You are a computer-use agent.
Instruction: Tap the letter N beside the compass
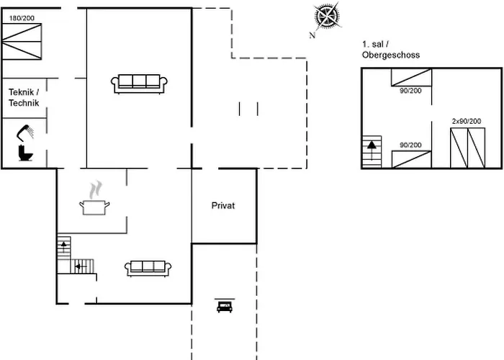coord(312,35)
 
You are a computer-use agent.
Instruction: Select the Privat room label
coord(223,206)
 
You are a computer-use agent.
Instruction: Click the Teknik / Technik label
coord(23,98)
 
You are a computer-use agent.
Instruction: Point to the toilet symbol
coord(25,153)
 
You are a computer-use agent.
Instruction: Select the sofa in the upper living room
coord(139,84)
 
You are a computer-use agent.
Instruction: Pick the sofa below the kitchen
coord(148,268)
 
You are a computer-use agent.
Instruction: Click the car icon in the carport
coord(224,306)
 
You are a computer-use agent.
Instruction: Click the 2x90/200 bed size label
coord(467,122)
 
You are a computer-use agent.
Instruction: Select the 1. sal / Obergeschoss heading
coord(391,50)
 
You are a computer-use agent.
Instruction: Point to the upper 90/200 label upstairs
coord(410,91)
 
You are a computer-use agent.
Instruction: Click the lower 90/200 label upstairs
coord(410,145)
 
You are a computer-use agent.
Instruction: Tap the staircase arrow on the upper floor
coord(372,145)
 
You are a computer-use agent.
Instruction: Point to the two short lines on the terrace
coord(248,108)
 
